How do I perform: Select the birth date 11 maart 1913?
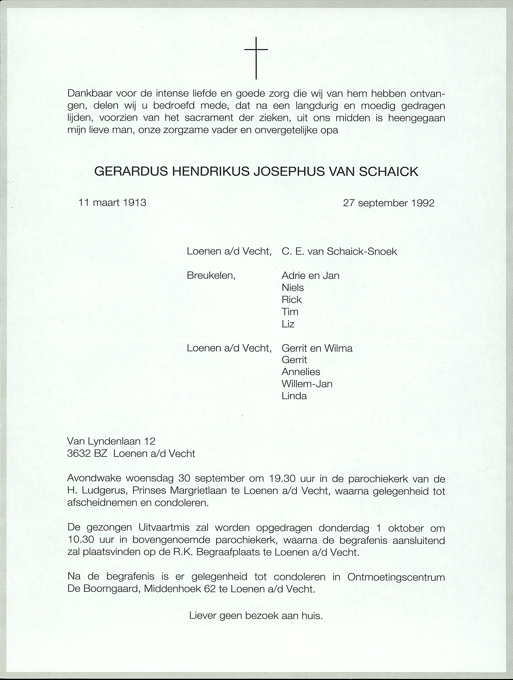coord(112,203)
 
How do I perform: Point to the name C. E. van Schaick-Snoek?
coord(339,251)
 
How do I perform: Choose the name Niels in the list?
coord(292,288)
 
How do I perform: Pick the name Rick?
coord(292,300)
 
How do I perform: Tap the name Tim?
coord(290,312)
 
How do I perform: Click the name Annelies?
coord(301,372)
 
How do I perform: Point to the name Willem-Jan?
coord(307,384)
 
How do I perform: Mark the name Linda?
coord(294,396)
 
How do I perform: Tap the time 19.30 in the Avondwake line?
coord(282,479)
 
